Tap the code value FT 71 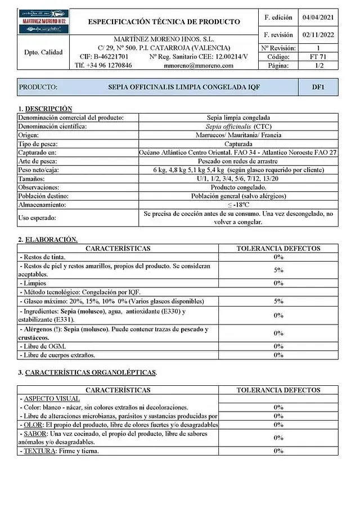318,57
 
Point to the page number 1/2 318,65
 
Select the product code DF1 318,87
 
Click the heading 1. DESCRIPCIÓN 46,108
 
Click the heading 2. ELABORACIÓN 48,240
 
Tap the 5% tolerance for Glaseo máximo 278,301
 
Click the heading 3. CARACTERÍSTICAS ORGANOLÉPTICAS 87,372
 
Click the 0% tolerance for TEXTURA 278,451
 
